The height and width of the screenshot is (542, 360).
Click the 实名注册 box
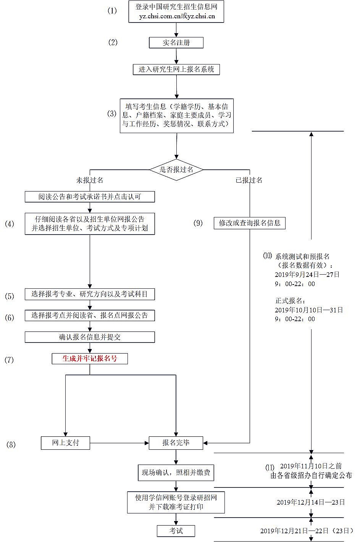click(x=176, y=43)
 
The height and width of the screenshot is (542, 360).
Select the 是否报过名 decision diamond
click(x=176, y=170)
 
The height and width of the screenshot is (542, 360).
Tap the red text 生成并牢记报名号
click(x=90, y=359)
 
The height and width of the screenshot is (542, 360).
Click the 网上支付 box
click(x=65, y=443)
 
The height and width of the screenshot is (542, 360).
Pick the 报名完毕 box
click(x=176, y=443)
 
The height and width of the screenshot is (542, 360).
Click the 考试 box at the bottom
click(x=176, y=531)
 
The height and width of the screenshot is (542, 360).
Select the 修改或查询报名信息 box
click(x=250, y=223)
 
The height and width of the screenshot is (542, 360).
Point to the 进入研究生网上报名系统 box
click(x=176, y=69)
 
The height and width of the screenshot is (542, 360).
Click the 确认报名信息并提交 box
click(x=90, y=337)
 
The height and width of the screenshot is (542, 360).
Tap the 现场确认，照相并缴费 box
click(x=176, y=473)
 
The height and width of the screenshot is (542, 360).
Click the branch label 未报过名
click(x=90, y=180)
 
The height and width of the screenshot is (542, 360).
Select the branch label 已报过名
click(x=249, y=180)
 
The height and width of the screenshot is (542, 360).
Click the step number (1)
click(x=112, y=11)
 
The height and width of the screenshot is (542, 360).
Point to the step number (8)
click(x=11, y=444)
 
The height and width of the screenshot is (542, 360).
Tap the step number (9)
click(x=198, y=223)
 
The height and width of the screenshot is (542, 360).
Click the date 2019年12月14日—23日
click(x=311, y=502)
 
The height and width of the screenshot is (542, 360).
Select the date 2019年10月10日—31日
click(x=309, y=310)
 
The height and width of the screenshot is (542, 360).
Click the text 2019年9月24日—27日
click(x=307, y=274)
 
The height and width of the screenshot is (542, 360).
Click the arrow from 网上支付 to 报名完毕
click(x=119, y=443)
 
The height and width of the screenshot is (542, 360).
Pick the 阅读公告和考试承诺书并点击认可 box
click(x=90, y=197)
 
